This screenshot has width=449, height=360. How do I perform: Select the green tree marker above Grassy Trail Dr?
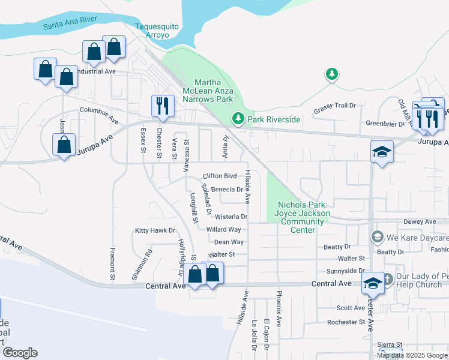(331, 74)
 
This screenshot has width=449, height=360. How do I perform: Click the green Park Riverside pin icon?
(239, 119)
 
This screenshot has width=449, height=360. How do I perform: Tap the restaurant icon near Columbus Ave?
(162, 106)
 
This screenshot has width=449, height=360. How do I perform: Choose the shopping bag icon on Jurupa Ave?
(64, 145)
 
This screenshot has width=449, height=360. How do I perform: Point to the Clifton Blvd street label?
(220, 176)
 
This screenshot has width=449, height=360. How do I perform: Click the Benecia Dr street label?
(226, 189)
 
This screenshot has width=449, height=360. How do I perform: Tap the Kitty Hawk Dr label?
(154, 230)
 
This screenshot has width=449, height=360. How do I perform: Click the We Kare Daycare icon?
(376, 236)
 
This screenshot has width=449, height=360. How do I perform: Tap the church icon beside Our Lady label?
(387, 279)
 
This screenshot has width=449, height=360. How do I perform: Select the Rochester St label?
(346, 322)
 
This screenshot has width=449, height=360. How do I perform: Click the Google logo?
(19, 353)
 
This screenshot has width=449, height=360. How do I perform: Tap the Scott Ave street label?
(351, 308)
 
